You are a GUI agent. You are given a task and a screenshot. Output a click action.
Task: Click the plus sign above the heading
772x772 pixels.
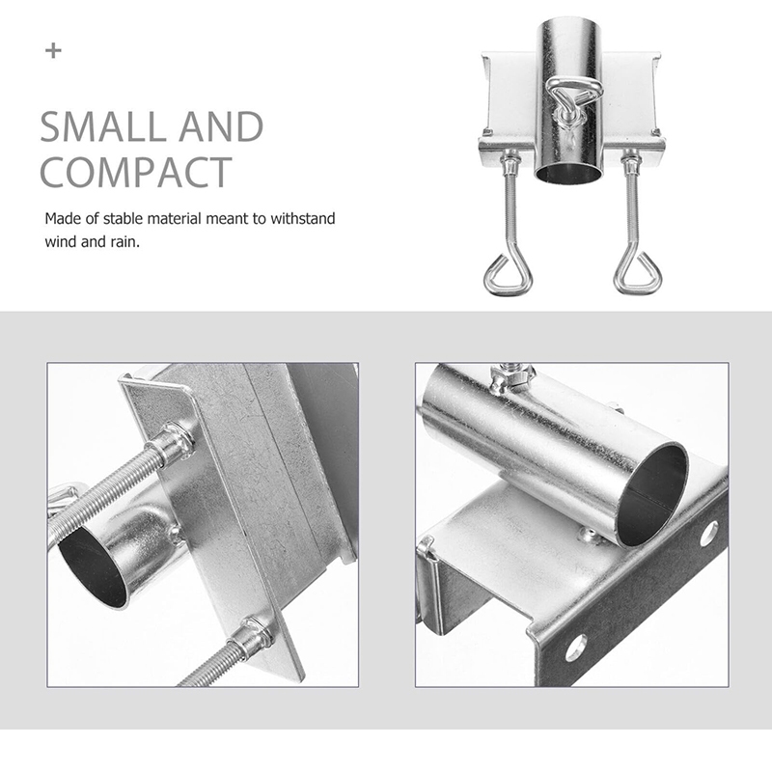click(x=53, y=51)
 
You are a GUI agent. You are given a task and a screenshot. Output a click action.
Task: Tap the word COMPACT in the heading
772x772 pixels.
click(x=136, y=172)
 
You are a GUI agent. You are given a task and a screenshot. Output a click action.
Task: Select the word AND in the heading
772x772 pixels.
click(x=221, y=127)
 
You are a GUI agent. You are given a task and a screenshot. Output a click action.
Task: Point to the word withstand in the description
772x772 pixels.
click(x=303, y=218)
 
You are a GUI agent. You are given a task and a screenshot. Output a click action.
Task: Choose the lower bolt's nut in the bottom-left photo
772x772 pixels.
click(x=255, y=638)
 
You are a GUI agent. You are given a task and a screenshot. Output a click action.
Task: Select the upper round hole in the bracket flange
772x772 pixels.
click(x=708, y=535)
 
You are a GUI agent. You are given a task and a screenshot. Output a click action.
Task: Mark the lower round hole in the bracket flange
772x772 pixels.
click(x=576, y=648)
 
